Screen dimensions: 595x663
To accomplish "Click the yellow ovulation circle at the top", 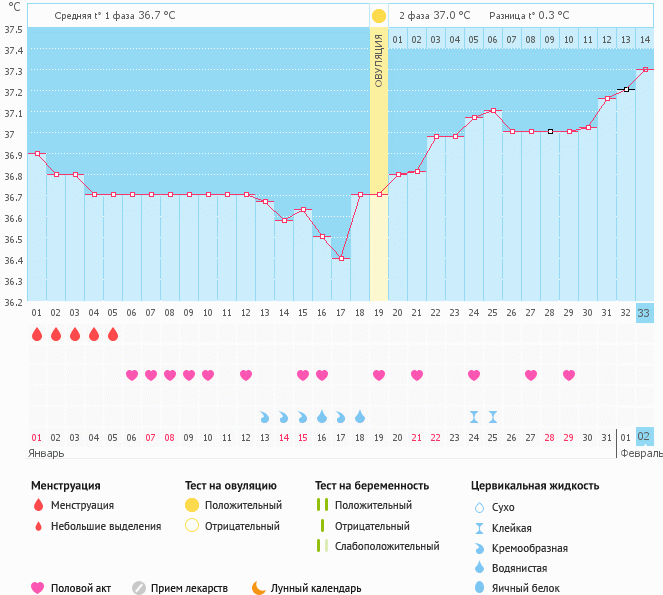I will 378,16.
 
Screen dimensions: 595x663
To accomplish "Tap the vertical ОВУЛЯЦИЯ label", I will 379,59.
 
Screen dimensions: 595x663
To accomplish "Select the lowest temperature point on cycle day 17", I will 341,259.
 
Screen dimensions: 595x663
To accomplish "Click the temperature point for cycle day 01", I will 37,154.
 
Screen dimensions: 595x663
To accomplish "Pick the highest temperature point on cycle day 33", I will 645,70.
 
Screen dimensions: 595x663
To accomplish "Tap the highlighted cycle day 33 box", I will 645,313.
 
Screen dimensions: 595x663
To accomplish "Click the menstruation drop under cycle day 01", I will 37,335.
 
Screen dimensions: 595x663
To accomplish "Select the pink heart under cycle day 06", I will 132,375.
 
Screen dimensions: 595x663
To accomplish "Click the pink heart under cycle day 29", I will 569,375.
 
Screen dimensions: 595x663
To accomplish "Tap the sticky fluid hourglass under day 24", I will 474,416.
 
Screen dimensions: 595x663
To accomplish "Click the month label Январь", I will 47,453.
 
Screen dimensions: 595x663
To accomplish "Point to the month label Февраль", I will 640,453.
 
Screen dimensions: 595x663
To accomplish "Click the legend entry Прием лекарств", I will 189,588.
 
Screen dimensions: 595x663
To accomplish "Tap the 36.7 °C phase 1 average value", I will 155,16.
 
